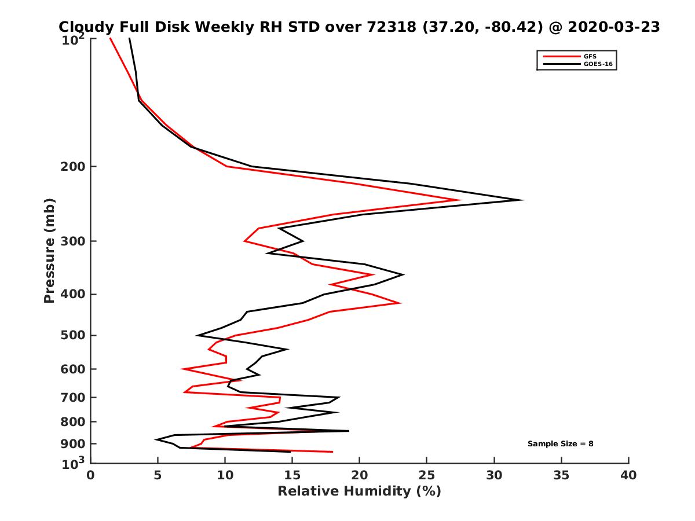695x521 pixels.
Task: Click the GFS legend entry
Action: click(590, 56)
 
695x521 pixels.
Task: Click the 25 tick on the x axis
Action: click(427, 475)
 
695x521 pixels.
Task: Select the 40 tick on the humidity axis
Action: click(628, 475)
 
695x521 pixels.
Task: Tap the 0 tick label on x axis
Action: click(91, 475)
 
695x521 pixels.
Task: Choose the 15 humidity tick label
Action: click(292, 475)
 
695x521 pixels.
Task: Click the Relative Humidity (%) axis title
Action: click(359, 491)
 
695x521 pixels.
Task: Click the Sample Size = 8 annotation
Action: click(560, 443)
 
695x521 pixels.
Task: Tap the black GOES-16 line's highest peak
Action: click(523, 200)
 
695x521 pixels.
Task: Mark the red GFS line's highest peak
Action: click(460, 200)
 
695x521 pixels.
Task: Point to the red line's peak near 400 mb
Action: click(400, 303)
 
